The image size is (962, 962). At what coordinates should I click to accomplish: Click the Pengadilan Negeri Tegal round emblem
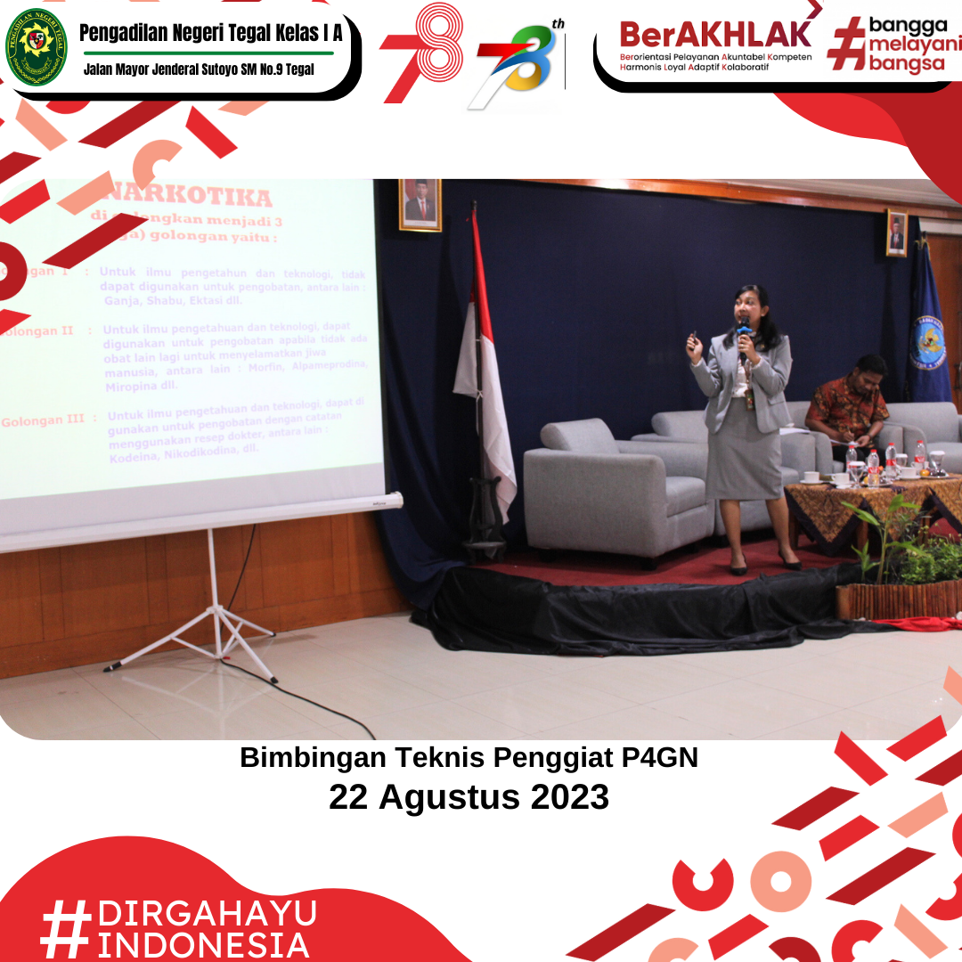tap(37, 47)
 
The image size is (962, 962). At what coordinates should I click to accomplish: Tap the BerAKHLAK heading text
tap(715, 35)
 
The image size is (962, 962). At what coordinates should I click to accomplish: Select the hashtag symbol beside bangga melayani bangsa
tap(846, 44)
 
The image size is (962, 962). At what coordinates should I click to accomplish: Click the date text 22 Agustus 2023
tap(469, 795)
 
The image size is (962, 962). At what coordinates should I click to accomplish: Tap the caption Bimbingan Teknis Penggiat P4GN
tap(469, 758)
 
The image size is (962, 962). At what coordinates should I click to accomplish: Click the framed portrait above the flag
tap(420, 205)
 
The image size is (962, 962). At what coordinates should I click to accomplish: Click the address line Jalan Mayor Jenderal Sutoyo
tap(199, 69)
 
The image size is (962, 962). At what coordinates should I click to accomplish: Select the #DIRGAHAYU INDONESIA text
tap(178, 928)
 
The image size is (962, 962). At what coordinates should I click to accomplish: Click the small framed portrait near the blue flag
tap(896, 233)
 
